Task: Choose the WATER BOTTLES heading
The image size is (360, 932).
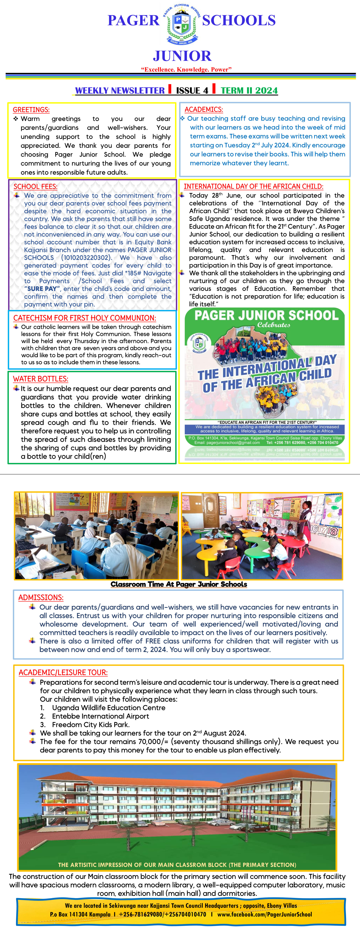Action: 41,379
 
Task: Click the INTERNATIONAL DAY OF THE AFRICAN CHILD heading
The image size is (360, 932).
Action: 253,186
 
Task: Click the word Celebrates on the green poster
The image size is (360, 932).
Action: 273,325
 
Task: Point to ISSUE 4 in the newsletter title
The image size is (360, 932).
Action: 192,91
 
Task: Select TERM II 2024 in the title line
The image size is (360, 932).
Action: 249,91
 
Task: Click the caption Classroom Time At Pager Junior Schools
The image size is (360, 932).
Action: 179,584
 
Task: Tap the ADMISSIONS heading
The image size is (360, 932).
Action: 41,598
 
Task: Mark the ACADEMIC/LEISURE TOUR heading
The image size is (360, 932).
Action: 63,673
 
